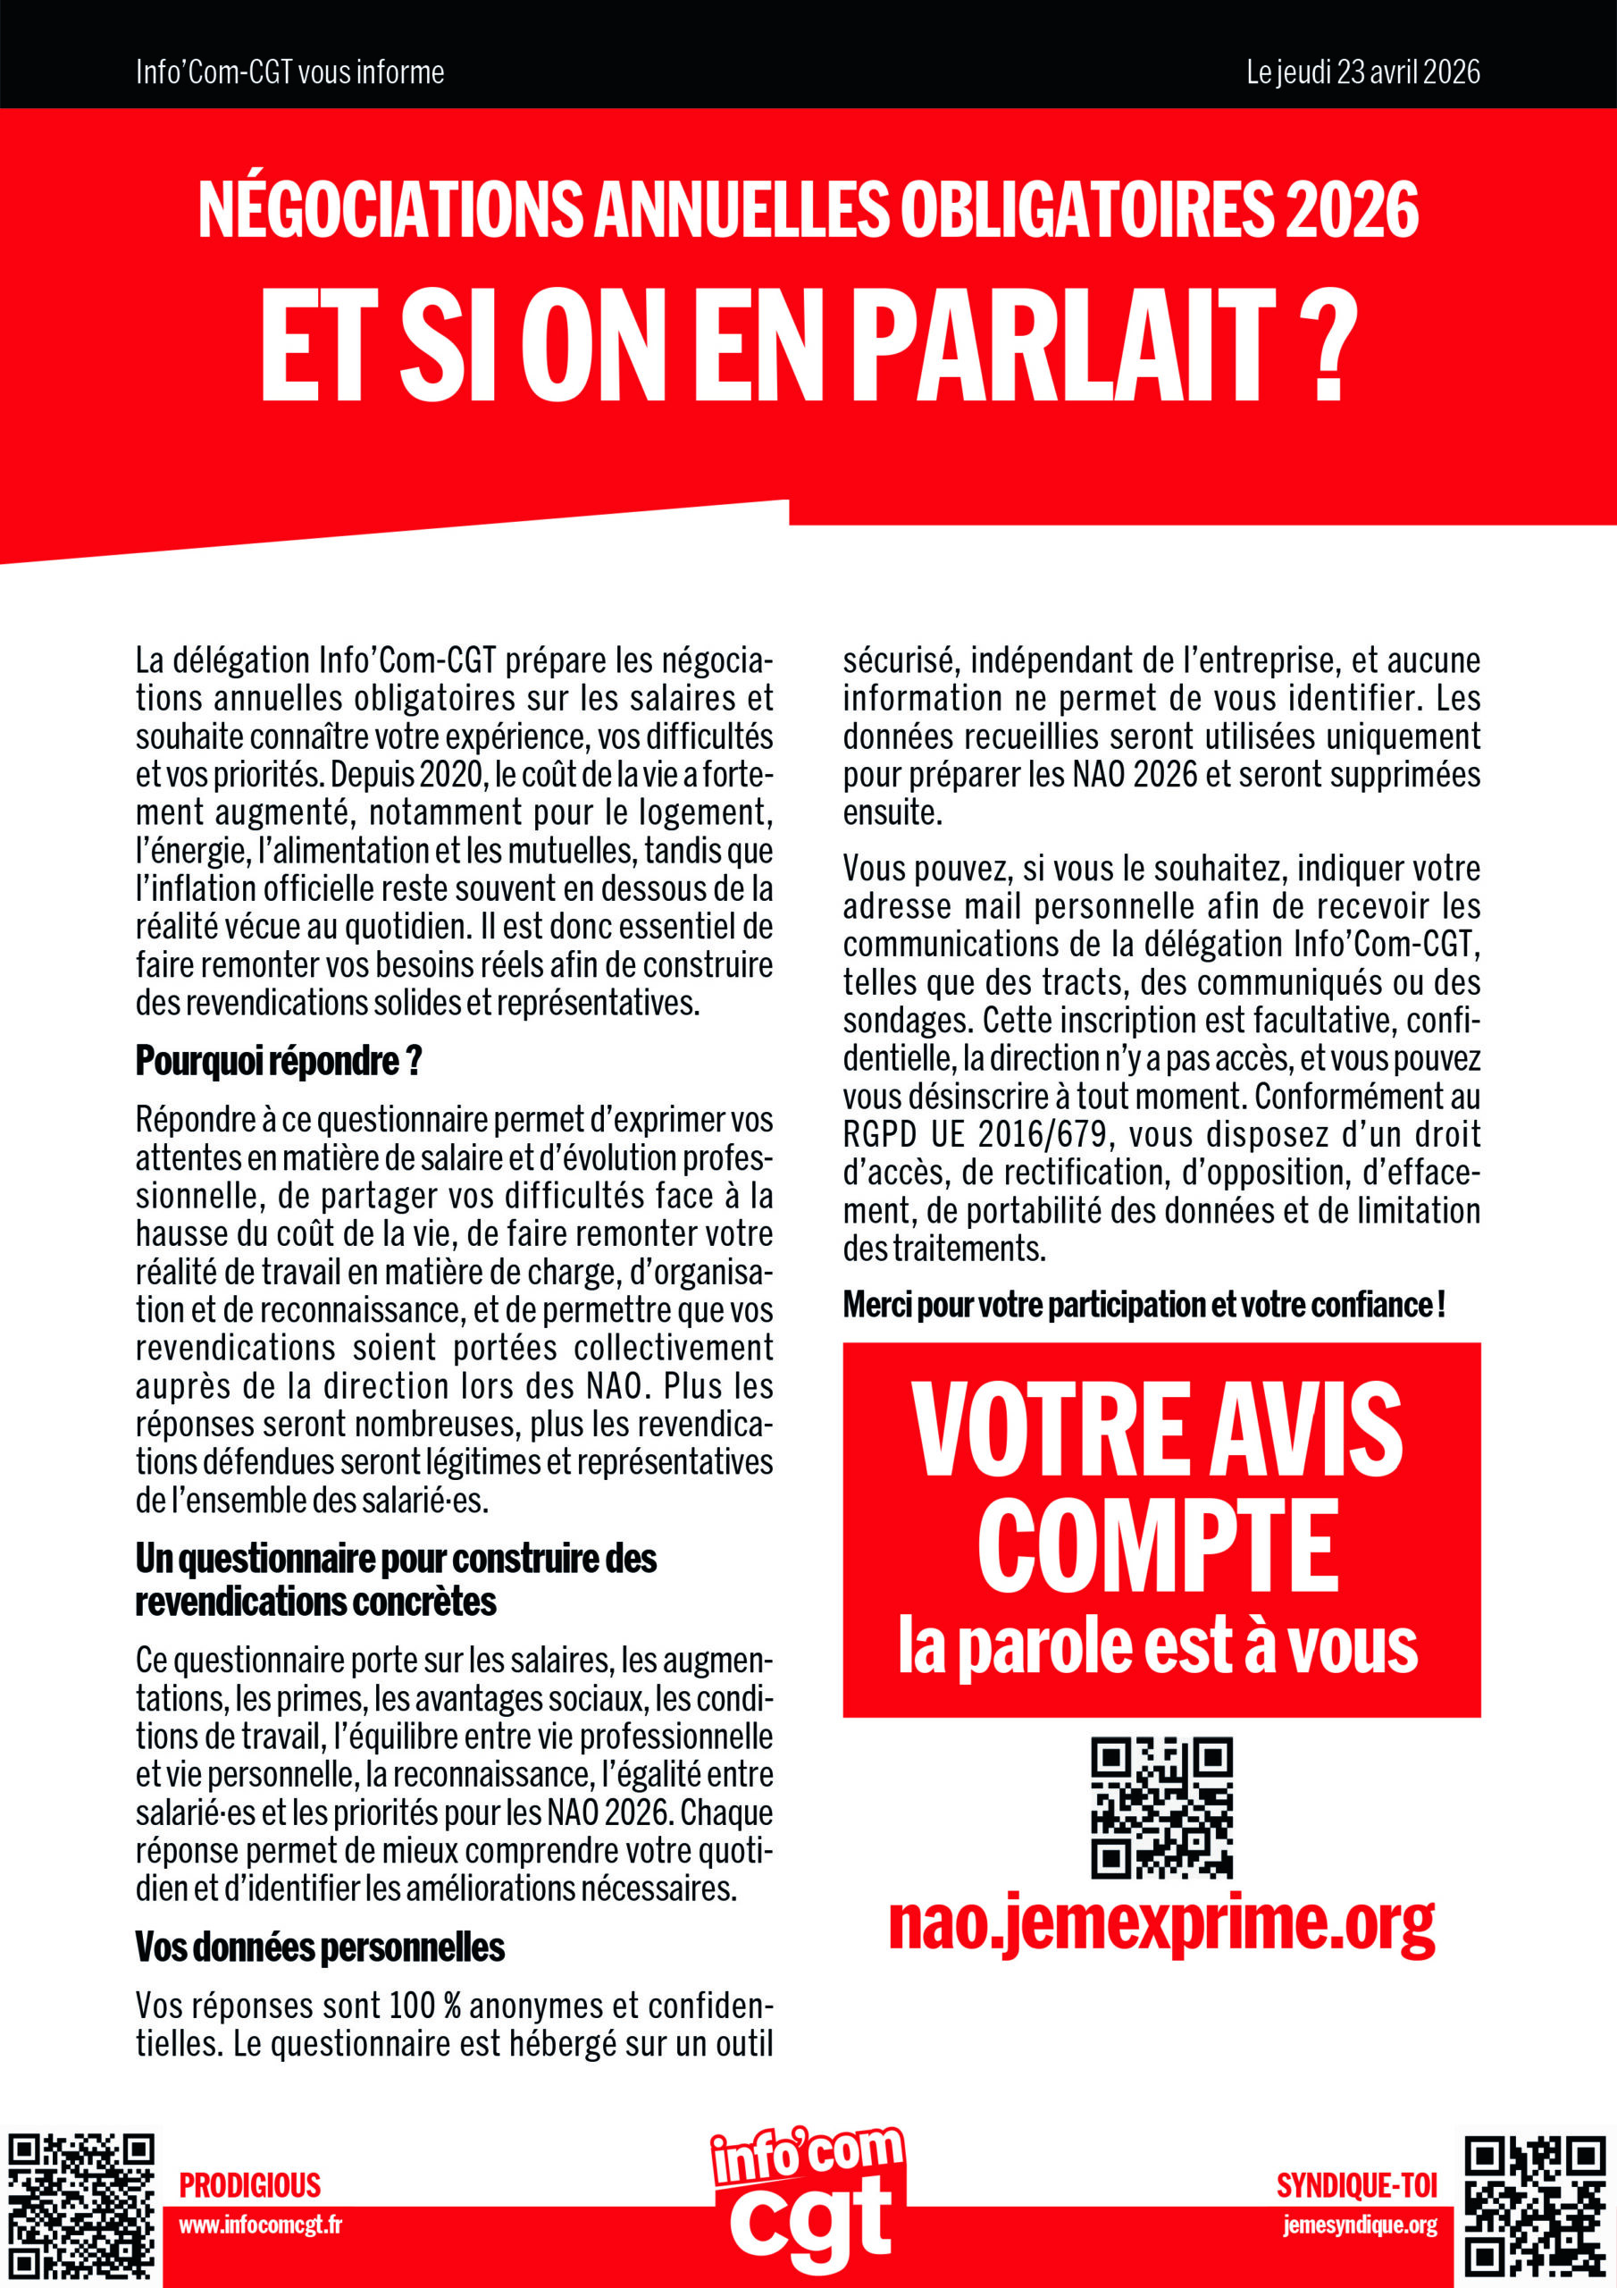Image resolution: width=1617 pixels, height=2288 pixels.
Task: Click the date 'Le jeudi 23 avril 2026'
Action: click(1362, 71)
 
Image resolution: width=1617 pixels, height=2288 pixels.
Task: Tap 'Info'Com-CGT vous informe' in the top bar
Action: click(290, 71)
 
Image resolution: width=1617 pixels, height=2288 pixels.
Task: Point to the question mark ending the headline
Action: click(1329, 345)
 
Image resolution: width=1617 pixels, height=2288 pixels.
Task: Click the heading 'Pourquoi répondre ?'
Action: click(279, 1061)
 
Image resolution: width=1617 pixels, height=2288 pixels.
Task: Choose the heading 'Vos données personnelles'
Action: click(320, 1947)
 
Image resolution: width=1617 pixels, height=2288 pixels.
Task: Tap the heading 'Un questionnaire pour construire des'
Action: click(396, 1559)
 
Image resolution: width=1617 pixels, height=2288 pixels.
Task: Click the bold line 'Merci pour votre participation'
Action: click(1144, 1305)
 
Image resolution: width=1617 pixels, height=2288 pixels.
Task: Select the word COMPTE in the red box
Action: click(1159, 1549)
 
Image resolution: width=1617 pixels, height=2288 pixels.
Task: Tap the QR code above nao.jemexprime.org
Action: click(1161, 1808)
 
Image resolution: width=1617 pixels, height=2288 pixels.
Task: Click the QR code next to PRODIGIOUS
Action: click(81, 2208)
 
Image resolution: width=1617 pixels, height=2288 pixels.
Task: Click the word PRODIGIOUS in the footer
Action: click(250, 2185)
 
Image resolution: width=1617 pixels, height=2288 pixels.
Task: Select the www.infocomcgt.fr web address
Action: click(260, 2225)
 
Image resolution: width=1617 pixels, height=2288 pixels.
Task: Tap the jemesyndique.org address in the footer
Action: click(1360, 2225)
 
